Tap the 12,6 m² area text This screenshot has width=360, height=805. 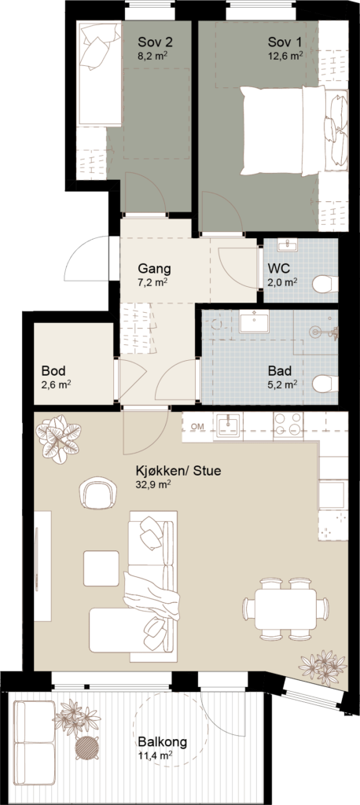285,56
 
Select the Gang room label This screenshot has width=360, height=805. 154,269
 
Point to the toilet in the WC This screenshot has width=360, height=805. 327,283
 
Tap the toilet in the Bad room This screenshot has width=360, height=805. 325,384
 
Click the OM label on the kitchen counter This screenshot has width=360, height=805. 197,427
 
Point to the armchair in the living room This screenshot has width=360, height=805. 97,492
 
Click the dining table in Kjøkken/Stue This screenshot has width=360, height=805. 286,609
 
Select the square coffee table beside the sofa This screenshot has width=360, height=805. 101,568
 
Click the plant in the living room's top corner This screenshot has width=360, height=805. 58,439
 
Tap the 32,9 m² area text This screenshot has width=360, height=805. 153,483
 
